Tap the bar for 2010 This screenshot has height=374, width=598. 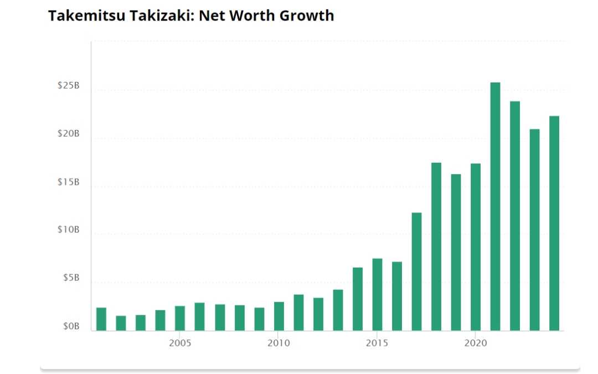tap(279, 316)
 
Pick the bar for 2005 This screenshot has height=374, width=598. tap(180, 318)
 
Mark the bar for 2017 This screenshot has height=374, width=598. tap(416, 271)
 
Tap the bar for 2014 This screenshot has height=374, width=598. tap(358, 299)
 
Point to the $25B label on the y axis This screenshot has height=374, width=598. tap(68, 86)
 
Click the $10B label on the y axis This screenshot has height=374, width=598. tap(68, 230)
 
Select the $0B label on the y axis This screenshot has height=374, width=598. tap(70, 326)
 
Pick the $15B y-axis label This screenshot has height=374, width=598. tap(68, 182)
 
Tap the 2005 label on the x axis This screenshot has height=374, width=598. tap(180, 343)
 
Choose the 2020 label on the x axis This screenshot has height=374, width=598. tap(475, 343)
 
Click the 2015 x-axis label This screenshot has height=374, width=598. tap(377, 343)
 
